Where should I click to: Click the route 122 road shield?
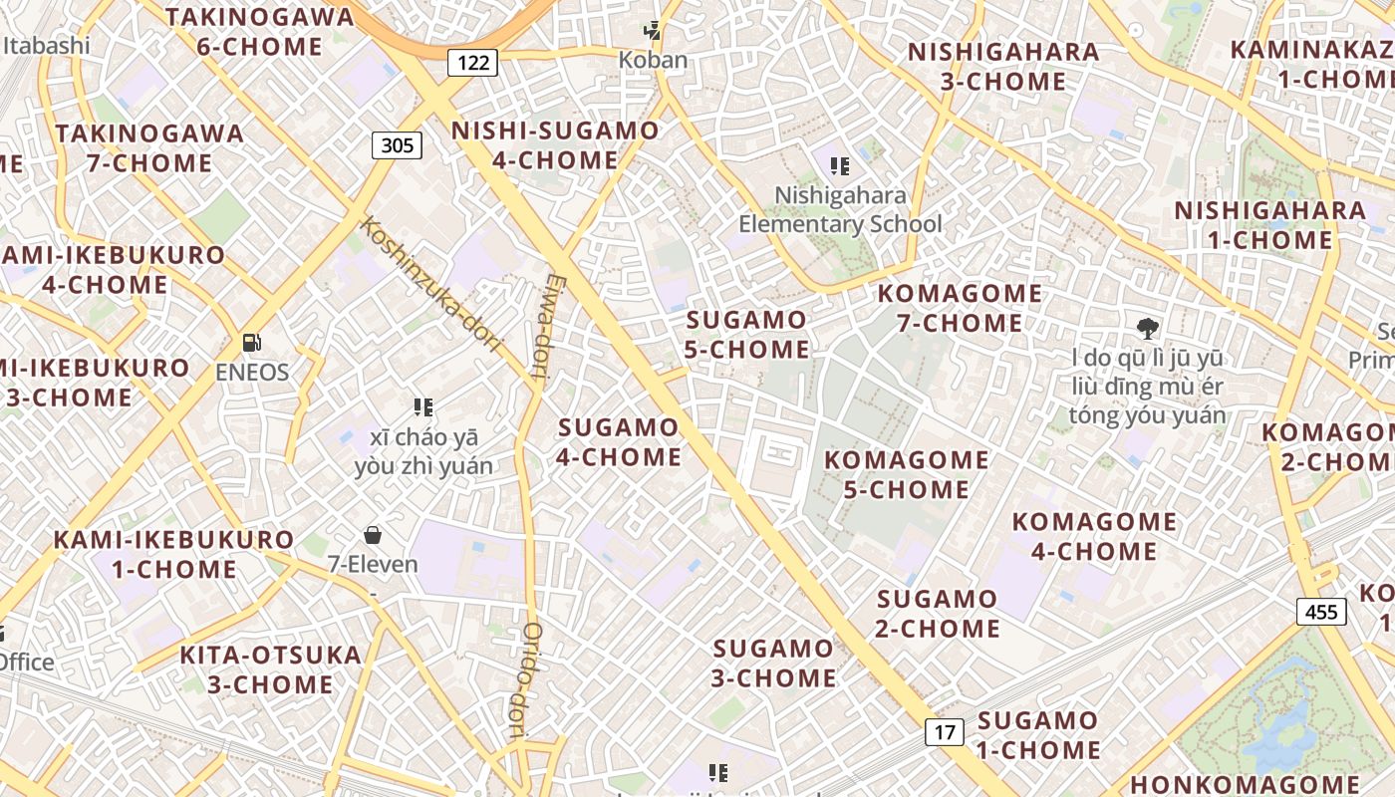click(x=473, y=63)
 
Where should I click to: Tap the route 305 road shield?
click(x=397, y=145)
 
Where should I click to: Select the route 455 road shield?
click(x=1321, y=611)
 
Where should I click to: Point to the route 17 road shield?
click(x=945, y=732)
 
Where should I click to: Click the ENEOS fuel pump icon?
click(x=252, y=343)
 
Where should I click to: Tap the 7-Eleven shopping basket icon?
click(x=373, y=535)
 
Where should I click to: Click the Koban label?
click(x=653, y=60)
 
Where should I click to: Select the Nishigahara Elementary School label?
click(x=840, y=209)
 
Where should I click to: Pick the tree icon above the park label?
click(x=1148, y=328)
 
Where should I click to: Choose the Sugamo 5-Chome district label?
click(x=747, y=335)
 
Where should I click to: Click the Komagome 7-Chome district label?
click(x=960, y=308)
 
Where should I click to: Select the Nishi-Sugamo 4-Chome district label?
click(x=555, y=145)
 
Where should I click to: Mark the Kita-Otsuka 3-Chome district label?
click(x=271, y=669)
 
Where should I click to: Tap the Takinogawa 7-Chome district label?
click(x=149, y=147)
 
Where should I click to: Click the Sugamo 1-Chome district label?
click(x=1038, y=734)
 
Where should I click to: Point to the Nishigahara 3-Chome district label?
click(x=1003, y=66)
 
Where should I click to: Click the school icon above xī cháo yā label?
click(x=423, y=406)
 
